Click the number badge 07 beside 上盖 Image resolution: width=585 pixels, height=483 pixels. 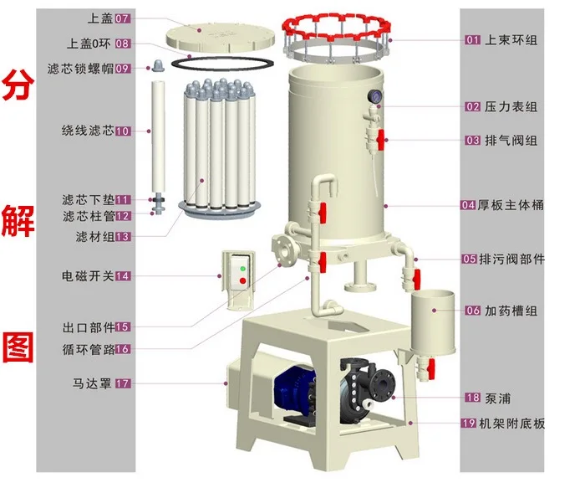pos(122,18)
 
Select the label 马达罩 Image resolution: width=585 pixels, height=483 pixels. pos(92,383)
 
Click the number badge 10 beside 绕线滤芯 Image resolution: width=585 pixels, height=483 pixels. pos(122,131)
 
